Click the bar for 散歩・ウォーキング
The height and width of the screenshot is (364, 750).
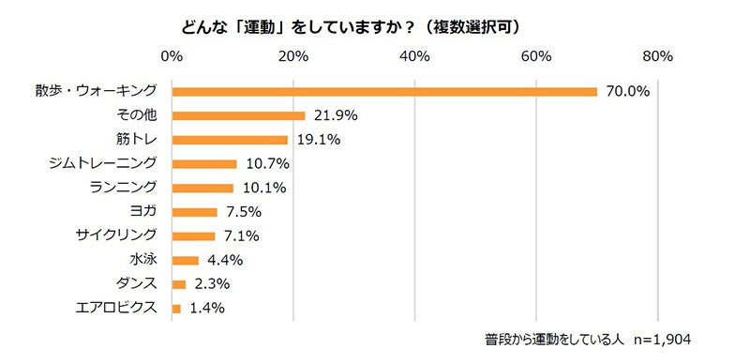click(x=384, y=91)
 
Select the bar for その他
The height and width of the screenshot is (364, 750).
click(x=238, y=115)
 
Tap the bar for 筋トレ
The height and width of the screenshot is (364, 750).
click(x=230, y=140)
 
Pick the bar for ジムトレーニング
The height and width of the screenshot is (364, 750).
click(x=204, y=164)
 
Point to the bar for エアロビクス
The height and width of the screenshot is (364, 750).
click(x=176, y=308)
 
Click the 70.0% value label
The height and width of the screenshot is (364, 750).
click(x=627, y=92)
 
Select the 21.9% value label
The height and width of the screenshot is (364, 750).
click(x=335, y=116)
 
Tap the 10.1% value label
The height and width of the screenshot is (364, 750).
click(x=263, y=188)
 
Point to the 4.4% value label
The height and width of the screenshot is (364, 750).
click(x=226, y=260)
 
